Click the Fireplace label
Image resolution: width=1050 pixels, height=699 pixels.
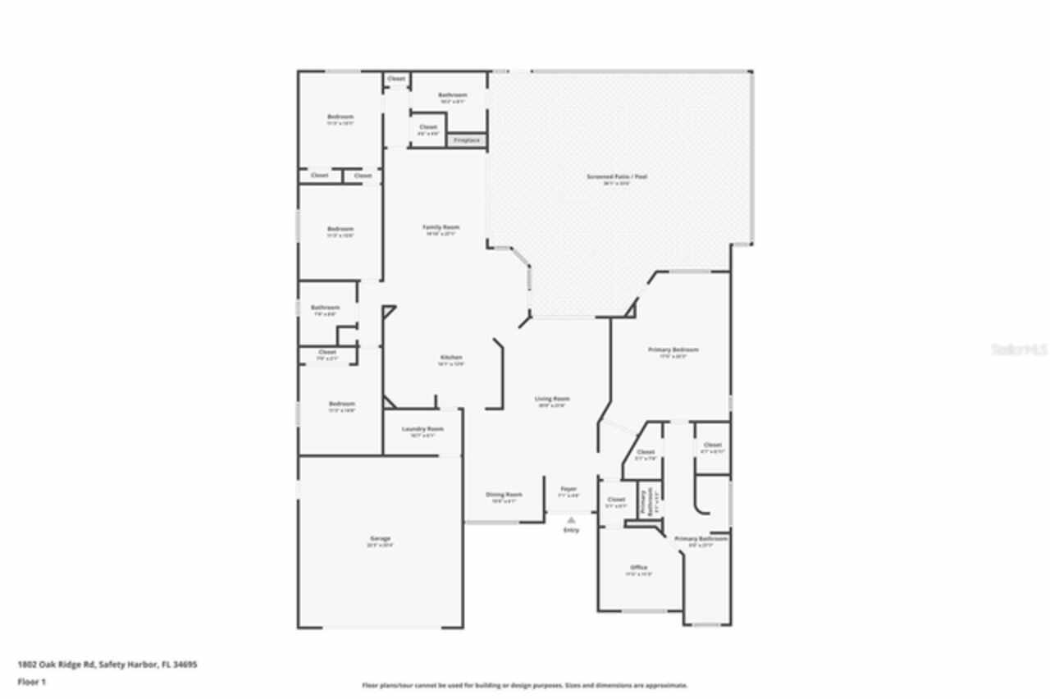click(x=467, y=140)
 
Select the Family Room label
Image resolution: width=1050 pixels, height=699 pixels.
click(x=441, y=227)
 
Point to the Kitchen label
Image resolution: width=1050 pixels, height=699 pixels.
click(x=451, y=358)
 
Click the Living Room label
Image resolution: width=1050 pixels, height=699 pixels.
click(x=552, y=399)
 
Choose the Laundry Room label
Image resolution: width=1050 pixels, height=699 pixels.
click(x=422, y=429)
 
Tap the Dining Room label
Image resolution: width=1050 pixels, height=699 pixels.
click(x=504, y=495)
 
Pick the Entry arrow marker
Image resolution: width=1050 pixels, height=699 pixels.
click(x=571, y=519)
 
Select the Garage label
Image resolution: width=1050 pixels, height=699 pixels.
click(x=380, y=539)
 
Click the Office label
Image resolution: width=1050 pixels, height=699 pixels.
click(x=639, y=568)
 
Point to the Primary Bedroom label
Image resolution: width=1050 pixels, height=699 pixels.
click(x=673, y=349)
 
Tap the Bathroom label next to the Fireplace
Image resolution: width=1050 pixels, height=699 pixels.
click(x=452, y=95)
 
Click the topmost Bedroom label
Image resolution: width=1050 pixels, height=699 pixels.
click(x=340, y=117)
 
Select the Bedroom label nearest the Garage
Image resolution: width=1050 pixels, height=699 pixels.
click(x=342, y=404)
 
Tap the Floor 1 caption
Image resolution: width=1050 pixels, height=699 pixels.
click(x=32, y=682)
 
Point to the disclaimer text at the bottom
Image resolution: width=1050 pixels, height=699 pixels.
click(x=525, y=685)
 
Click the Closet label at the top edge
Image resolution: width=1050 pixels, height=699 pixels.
click(x=396, y=79)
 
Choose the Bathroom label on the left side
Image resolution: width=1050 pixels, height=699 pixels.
click(x=325, y=308)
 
